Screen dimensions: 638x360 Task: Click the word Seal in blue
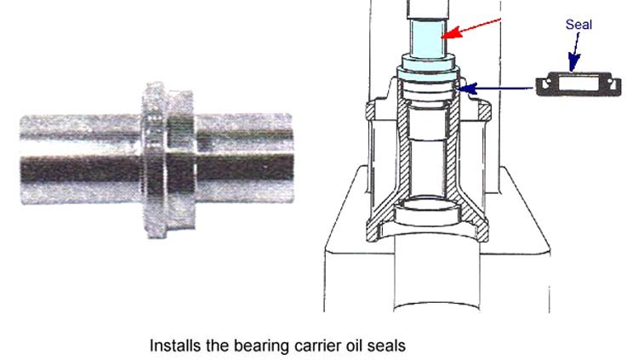tap(578, 25)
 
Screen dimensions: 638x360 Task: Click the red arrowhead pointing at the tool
tap(452, 33)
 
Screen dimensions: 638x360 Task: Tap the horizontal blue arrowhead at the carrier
tap(467, 88)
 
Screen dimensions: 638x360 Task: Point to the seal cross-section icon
tap(578, 84)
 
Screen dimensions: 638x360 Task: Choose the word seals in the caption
tap(386, 346)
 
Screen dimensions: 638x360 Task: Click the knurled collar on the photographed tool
tap(155, 160)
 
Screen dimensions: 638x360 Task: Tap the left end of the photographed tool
tap(21, 160)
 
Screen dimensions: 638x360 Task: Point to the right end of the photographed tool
tap(292, 158)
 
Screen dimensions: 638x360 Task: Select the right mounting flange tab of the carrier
tap(484, 111)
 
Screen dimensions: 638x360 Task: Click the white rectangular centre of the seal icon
tap(578, 84)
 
